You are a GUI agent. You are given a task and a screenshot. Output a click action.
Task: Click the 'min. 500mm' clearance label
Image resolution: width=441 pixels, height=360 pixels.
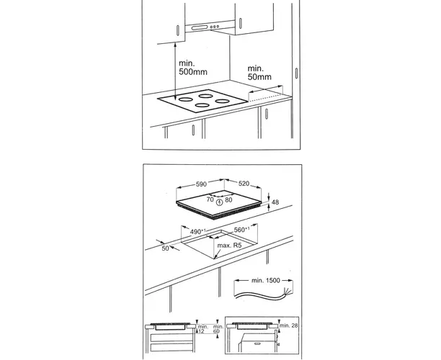[193, 68]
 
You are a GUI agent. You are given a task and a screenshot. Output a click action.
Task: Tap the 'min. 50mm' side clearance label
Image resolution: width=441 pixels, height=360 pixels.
[259, 73]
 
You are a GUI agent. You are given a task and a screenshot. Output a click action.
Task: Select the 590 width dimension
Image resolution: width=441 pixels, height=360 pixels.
[201, 184]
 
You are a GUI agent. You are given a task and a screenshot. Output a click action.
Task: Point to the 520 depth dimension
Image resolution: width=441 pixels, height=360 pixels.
[244, 184]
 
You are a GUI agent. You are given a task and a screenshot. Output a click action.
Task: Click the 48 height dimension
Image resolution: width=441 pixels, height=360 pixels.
[275, 202]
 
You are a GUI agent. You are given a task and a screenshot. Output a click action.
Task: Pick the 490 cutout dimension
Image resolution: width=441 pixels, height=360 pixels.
[198, 232]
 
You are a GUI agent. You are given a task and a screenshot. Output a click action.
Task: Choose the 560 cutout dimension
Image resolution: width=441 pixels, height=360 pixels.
[241, 230]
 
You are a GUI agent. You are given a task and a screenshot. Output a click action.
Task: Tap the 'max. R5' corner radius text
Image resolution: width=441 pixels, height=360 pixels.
[229, 246]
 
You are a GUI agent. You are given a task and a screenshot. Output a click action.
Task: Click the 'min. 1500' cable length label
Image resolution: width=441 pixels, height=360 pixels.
[266, 280]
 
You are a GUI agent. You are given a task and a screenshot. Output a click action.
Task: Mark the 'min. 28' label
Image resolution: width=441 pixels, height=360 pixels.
[288, 325]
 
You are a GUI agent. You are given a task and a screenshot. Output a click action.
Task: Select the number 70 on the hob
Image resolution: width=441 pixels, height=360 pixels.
[210, 199]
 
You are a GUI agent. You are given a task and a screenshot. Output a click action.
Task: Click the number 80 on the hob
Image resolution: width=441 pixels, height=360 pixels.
[228, 199]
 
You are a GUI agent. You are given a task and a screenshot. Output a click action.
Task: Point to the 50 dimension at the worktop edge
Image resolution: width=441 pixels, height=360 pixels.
[166, 248]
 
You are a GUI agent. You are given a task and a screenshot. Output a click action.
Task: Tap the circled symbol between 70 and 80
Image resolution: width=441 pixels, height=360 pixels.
[219, 202]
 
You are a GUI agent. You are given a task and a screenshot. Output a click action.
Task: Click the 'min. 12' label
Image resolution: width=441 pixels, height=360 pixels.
[202, 329]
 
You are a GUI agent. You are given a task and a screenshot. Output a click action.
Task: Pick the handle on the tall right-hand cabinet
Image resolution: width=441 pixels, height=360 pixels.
[296, 73]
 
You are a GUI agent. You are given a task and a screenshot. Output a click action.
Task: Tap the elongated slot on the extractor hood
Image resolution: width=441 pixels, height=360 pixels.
[200, 27]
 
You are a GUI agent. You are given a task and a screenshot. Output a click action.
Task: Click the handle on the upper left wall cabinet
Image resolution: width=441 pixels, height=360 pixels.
[178, 30]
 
